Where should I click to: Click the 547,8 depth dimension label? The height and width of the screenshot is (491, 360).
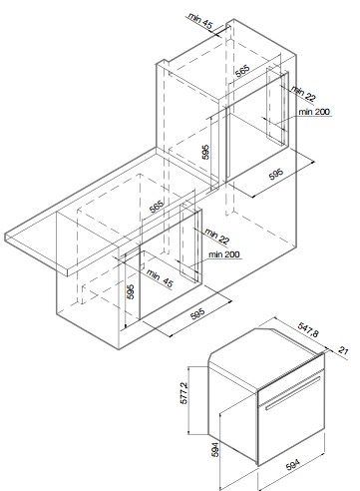pyautogui.click(x=308, y=329)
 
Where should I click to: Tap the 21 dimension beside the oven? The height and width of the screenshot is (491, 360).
pyautogui.click(x=343, y=350)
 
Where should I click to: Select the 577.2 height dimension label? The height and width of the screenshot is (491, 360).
pyautogui.click(x=183, y=393)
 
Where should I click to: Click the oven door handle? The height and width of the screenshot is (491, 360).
pyautogui.click(x=292, y=393)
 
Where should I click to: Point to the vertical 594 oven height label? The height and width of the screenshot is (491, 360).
pyautogui.click(x=215, y=449)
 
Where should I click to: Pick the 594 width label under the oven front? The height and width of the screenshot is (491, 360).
pyautogui.click(x=292, y=464)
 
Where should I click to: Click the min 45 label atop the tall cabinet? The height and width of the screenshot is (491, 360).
pyautogui.click(x=200, y=20)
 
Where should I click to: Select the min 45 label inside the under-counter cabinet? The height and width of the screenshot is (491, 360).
pyautogui.click(x=160, y=279)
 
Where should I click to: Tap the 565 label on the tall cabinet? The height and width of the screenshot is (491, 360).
pyautogui.click(x=242, y=71)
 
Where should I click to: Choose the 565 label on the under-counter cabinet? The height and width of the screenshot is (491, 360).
pyautogui.click(x=157, y=207)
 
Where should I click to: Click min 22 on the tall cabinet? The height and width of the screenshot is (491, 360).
pyautogui.click(x=303, y=94)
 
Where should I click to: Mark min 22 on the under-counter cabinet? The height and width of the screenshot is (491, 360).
pyautogui.click(x=216, y=236)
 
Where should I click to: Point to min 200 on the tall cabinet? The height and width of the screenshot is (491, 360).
pyautogui.click(x=314, y=112)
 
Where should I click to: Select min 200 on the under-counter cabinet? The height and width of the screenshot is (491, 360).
pyautogui.click(x=224, y=254)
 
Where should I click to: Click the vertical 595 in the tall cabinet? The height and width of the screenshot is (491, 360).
pyautogui.click(x=206, y=152)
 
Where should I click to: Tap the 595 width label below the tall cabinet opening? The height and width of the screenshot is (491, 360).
pyautogui.click(x=276, y=174)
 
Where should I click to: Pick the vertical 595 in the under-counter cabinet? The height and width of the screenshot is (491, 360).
pyautogui.click(x=131, y=291)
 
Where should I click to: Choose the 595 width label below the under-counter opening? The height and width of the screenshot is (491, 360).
pyautogui.click(x=198, y=314)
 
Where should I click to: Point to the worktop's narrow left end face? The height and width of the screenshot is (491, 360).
pyautogui.click(x=6, y=238)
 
